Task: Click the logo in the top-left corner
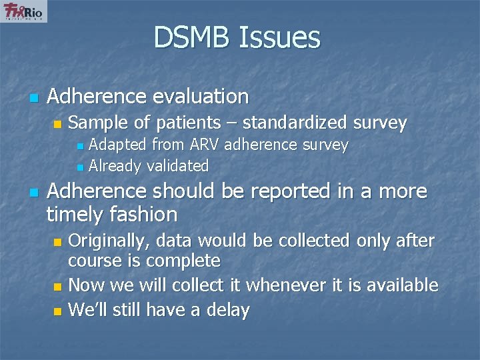point(24,11)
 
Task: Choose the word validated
point(177,165)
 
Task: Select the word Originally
point(112,240)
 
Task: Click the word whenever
point(276,285)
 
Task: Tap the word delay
point(227,310)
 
